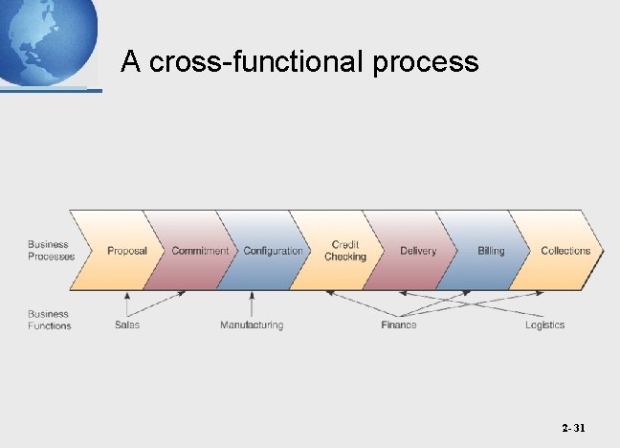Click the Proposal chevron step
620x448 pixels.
pos(127,251)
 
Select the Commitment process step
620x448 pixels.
pos(200,251)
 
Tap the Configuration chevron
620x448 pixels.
pos(273,251)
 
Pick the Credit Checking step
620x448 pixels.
pos(345,251)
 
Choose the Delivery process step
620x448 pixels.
pos(418,251)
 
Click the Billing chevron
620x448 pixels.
pos(491,251)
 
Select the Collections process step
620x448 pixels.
pos(565,251)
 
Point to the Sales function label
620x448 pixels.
pos(127,325)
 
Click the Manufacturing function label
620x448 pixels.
pos(252,325)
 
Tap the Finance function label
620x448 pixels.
pos(398,325)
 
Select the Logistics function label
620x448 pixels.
pos(544,325)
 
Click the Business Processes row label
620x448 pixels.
pos(51,251)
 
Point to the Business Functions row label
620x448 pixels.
pos(49,320)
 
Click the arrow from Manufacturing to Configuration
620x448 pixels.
pos(252,305)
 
